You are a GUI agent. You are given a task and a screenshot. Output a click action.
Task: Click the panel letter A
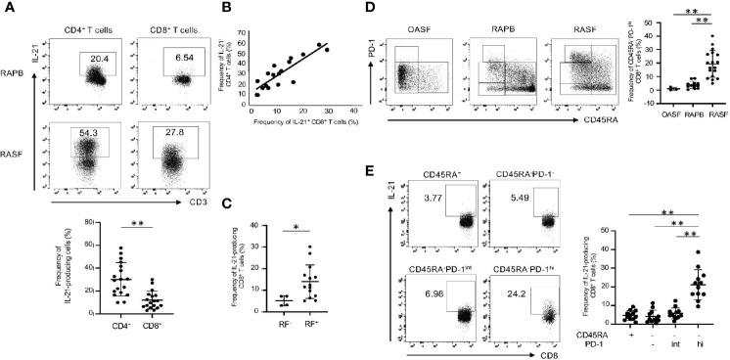click(9, 9)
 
